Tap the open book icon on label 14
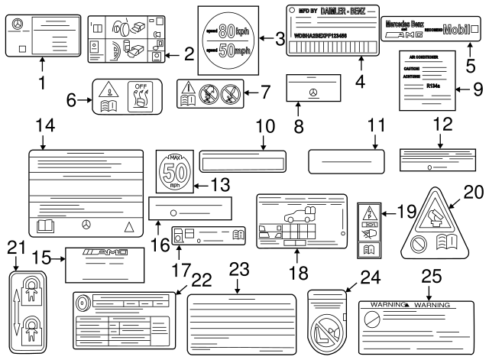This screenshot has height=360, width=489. pyautogui.click(x=46, y=225)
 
